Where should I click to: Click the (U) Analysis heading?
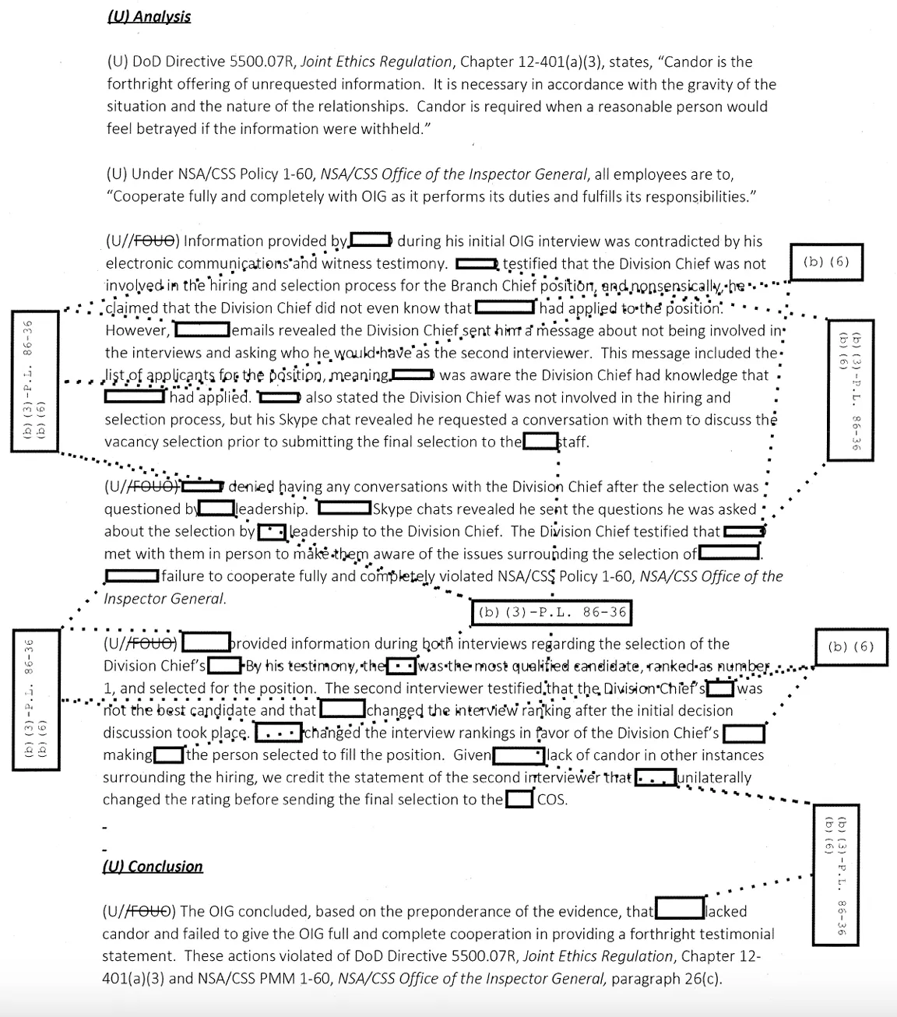(148, 16)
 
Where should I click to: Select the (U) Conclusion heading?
(153, 867)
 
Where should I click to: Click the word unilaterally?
(714, 777)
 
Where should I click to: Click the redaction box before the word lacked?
(679, 910)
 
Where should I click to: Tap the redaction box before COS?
(519, 800)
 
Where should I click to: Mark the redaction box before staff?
(540, 442)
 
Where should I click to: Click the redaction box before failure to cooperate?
(132, 576)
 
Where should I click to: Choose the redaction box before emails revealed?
(202, 330)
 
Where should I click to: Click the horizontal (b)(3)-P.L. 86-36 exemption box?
(551, 612)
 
